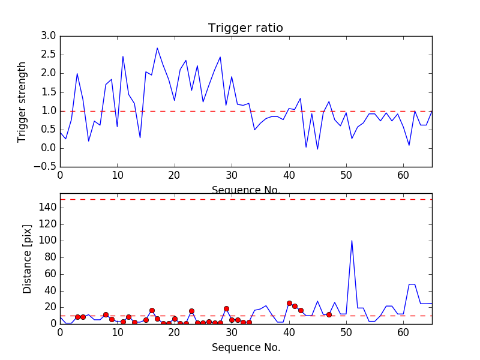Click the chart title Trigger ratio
245,28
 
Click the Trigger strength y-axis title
22,101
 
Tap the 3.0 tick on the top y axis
48,36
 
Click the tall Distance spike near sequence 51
352,241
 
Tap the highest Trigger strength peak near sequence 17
157,48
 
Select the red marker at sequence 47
329,314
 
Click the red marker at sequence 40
289,303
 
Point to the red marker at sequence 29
226,308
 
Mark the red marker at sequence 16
152,310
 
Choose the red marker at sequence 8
106,314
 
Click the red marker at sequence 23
191,311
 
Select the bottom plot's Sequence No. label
245,347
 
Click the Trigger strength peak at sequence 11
123,56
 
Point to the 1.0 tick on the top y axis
48,111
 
